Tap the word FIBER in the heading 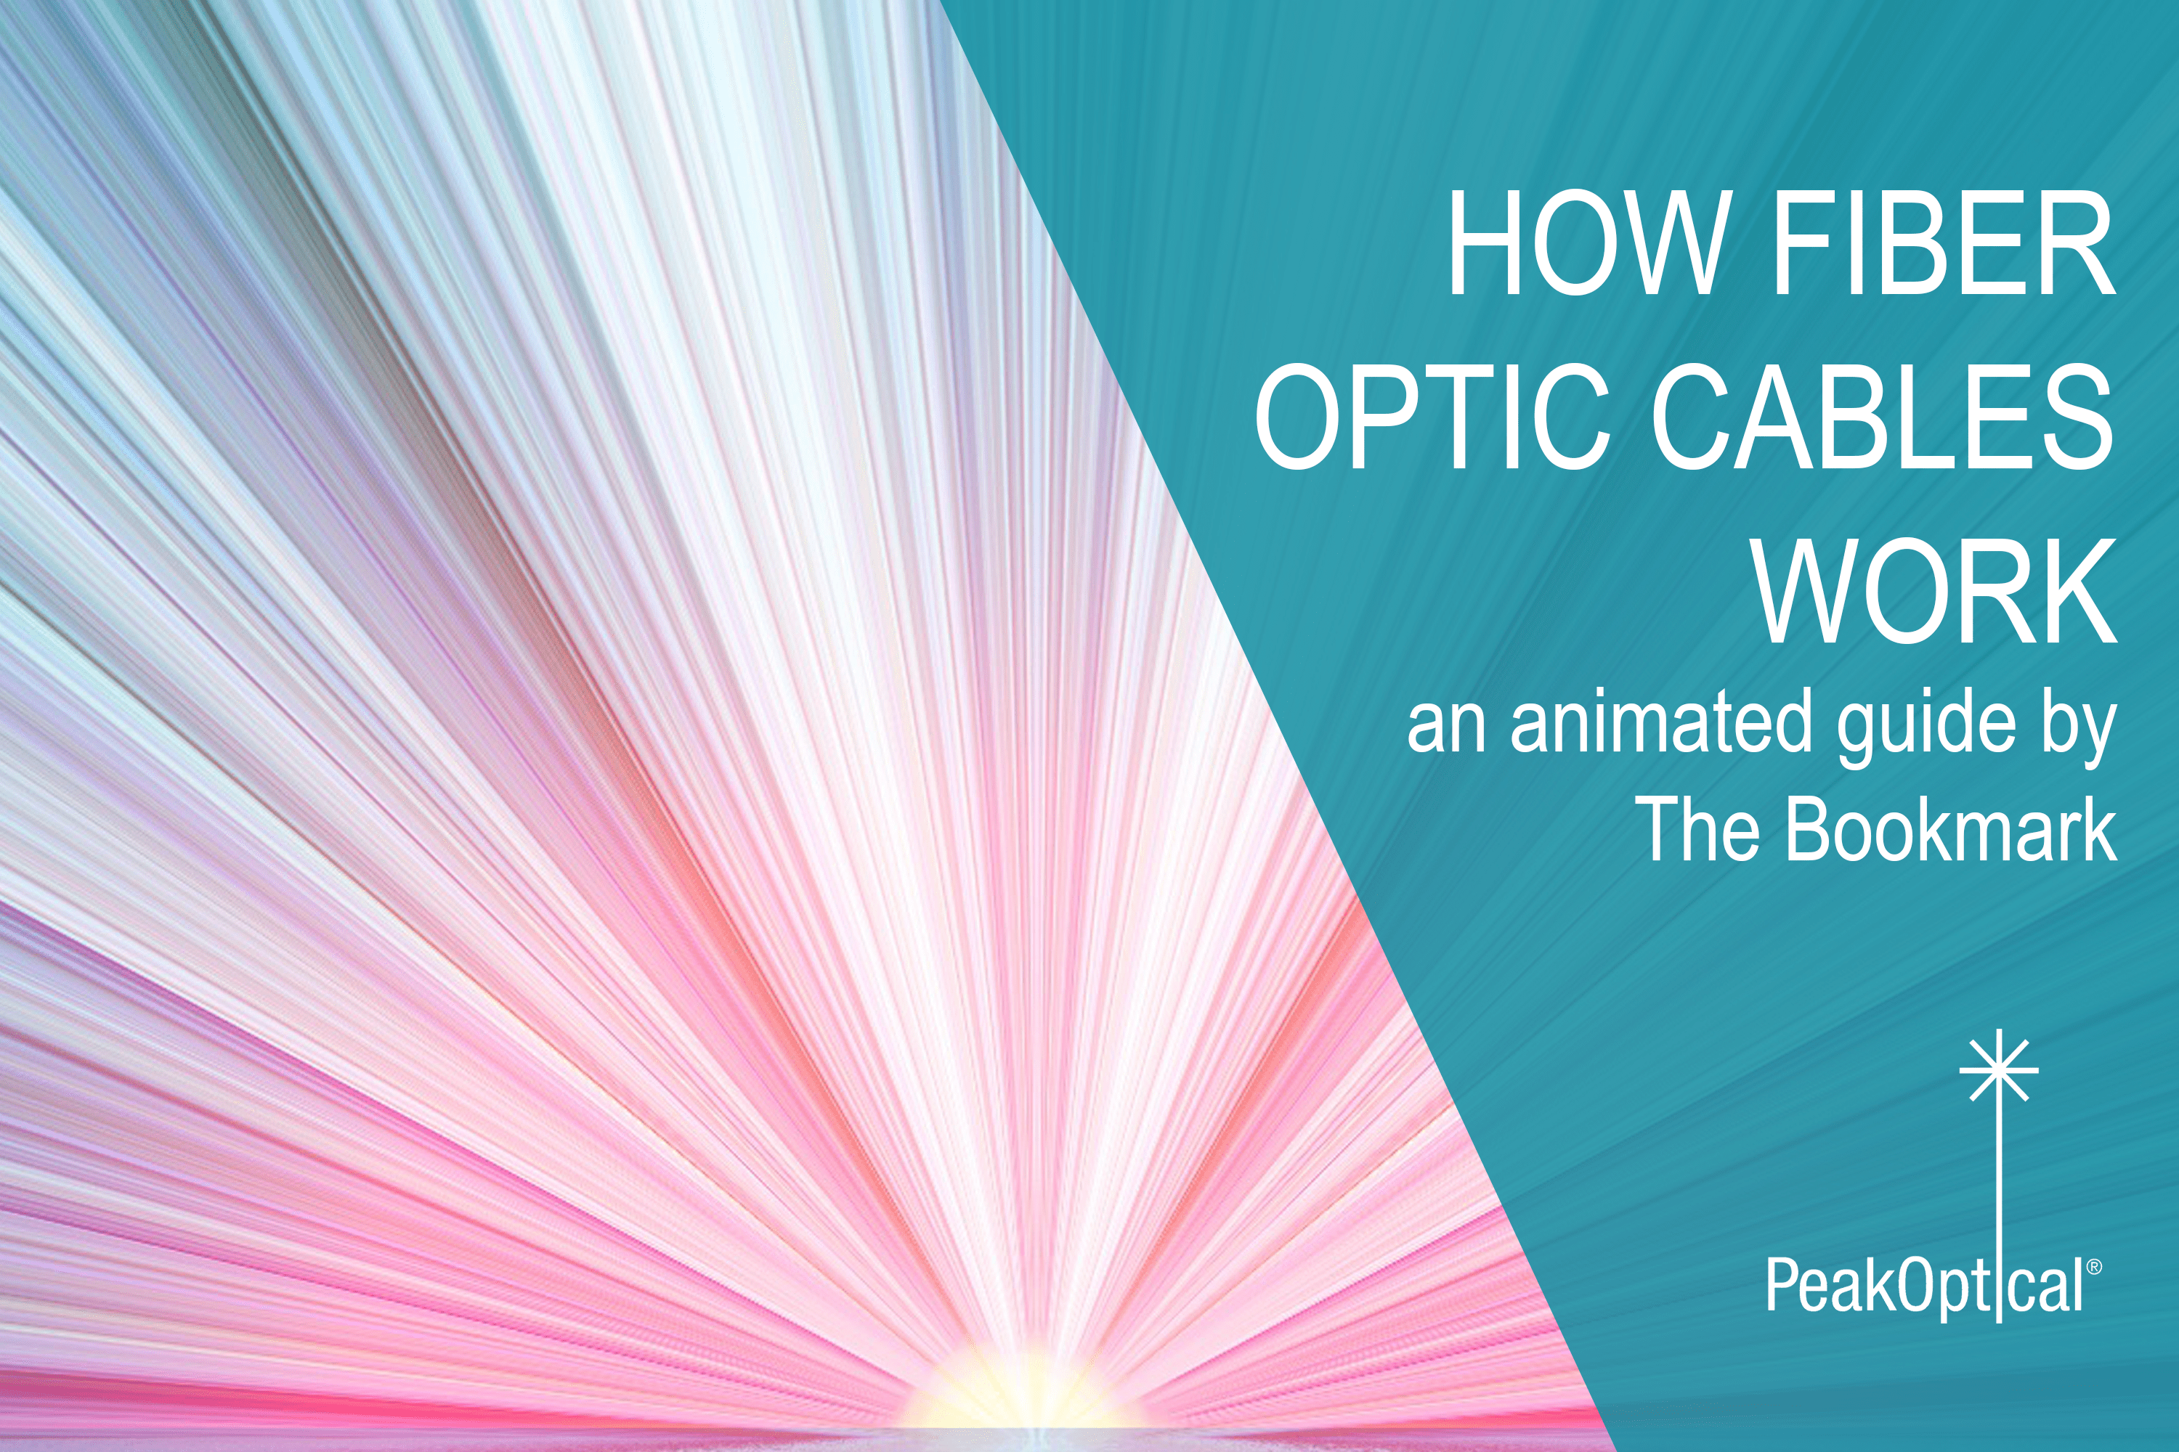tap(1943, 242)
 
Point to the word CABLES tap(1880, 417)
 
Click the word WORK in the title tap(1934, 590)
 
